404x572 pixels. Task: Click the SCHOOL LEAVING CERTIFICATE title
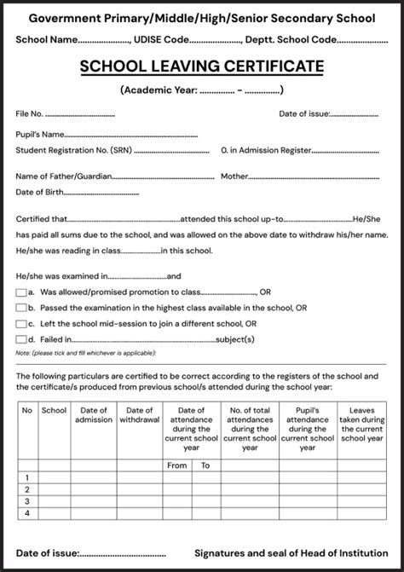click(202, 66)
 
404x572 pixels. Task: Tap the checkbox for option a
click(20, 292)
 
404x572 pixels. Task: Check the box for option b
click(20, 308)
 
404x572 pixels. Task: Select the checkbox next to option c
click(20, 324)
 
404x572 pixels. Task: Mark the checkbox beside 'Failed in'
click(20, 339)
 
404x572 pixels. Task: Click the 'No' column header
click(27, 410)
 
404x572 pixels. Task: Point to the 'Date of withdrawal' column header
click(139, 415)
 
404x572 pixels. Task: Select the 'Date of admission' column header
click(94, 415)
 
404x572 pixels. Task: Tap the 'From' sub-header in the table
click(176, 465)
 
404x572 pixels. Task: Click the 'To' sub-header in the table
click(205, 465)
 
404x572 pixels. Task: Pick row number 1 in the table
click(27, 478)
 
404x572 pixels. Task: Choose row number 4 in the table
click(27, 514)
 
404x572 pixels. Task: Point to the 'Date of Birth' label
click(39, 192)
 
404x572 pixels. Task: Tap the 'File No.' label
click(29, 113)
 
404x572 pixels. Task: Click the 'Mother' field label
click(234, 176)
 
